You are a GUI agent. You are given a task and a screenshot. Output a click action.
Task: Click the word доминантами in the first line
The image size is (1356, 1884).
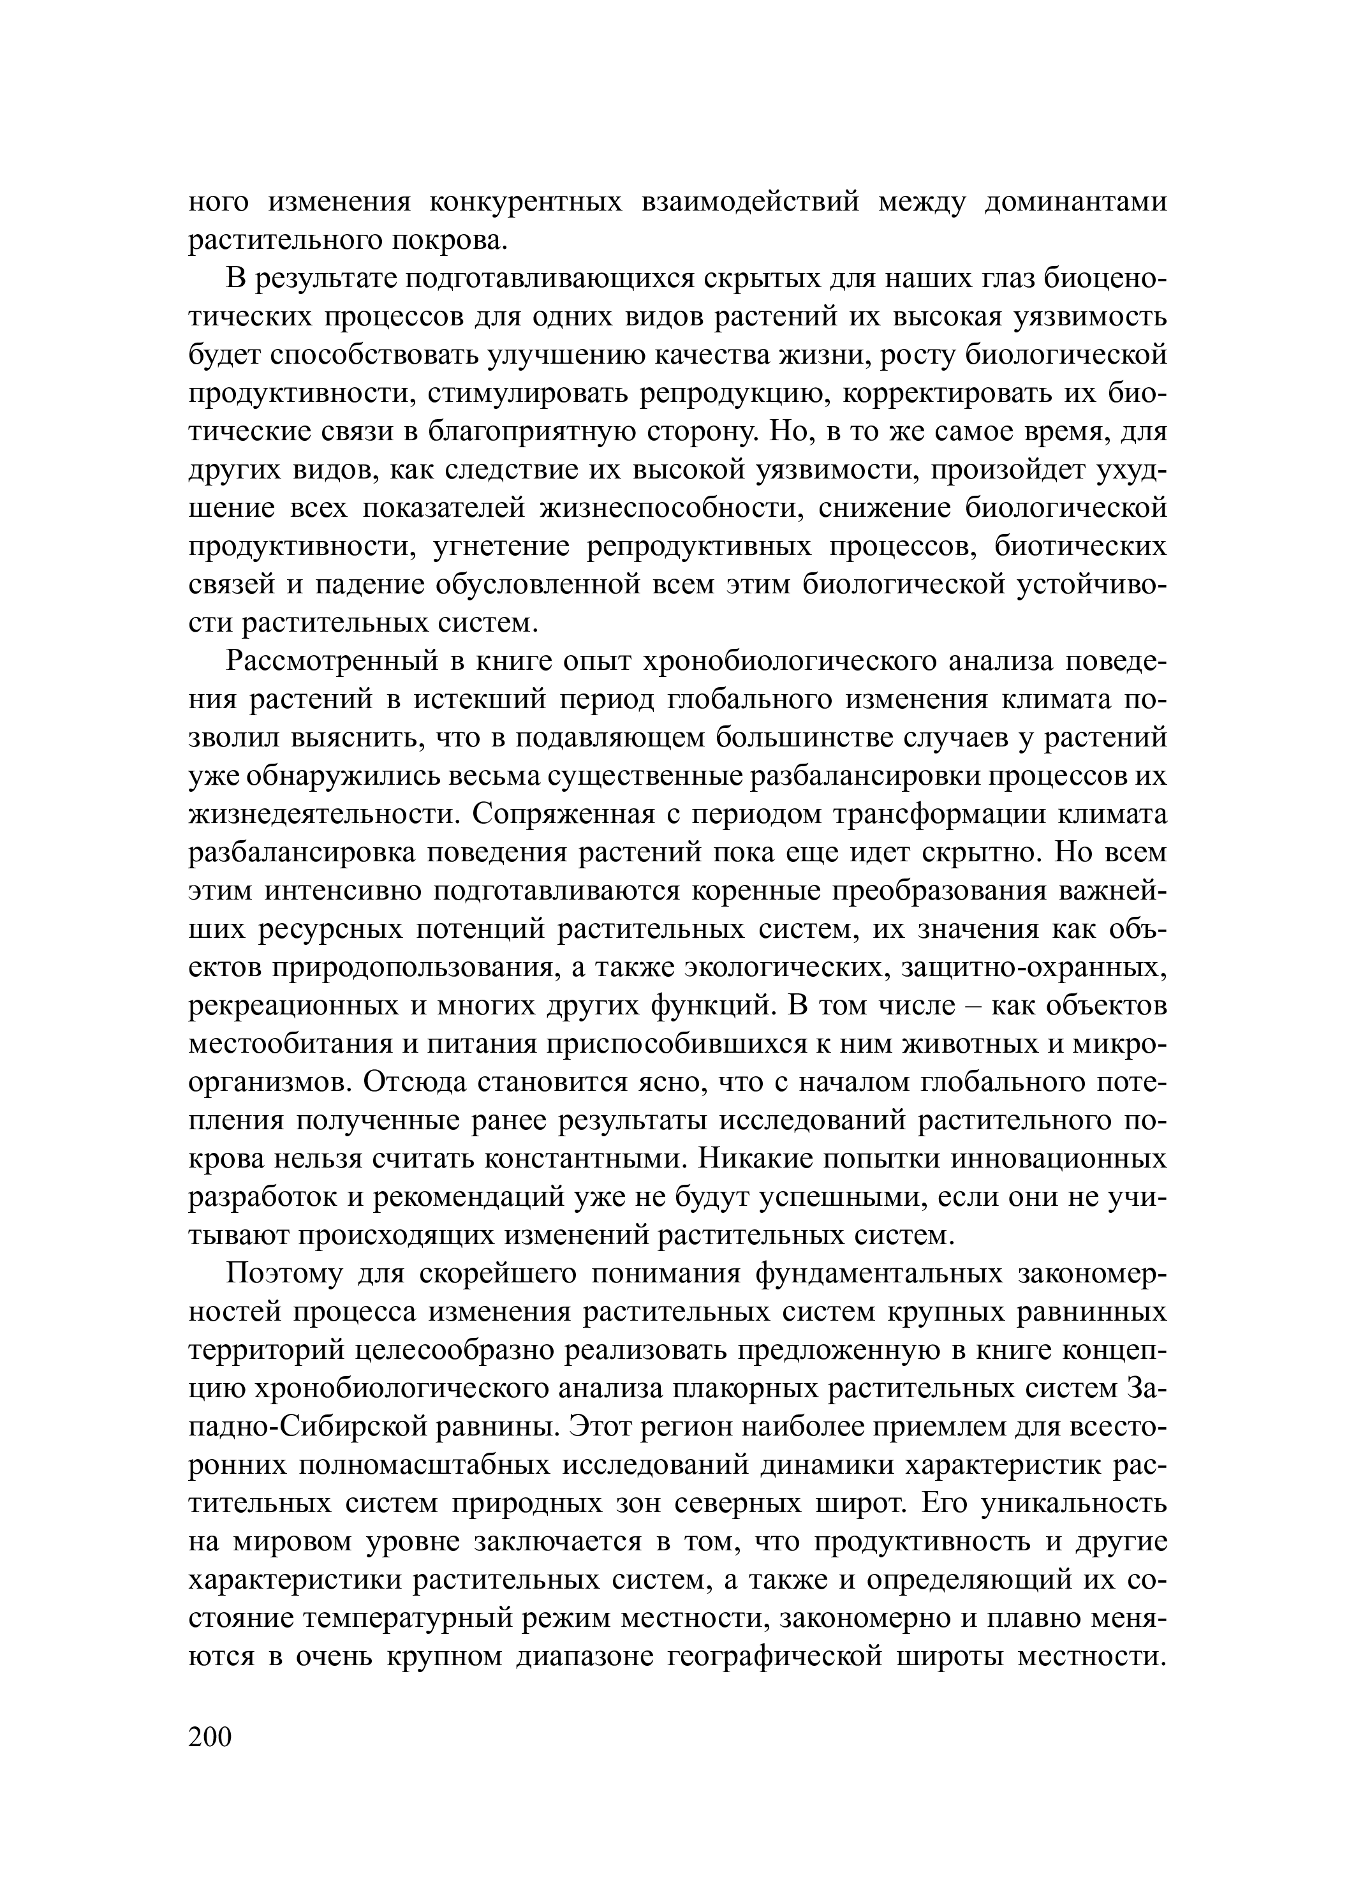(1075, 202)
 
